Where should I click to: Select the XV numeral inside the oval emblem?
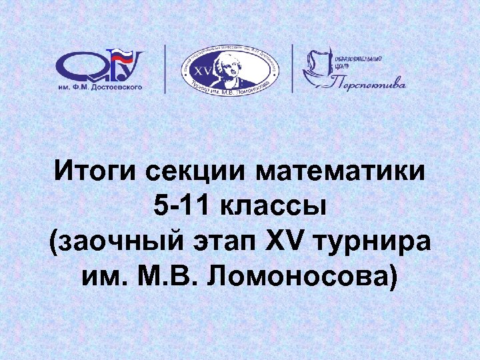(x=201, y=70)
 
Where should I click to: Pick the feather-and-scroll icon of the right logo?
(x=319, y=67)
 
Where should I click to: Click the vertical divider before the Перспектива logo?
(x=292, y=68)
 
